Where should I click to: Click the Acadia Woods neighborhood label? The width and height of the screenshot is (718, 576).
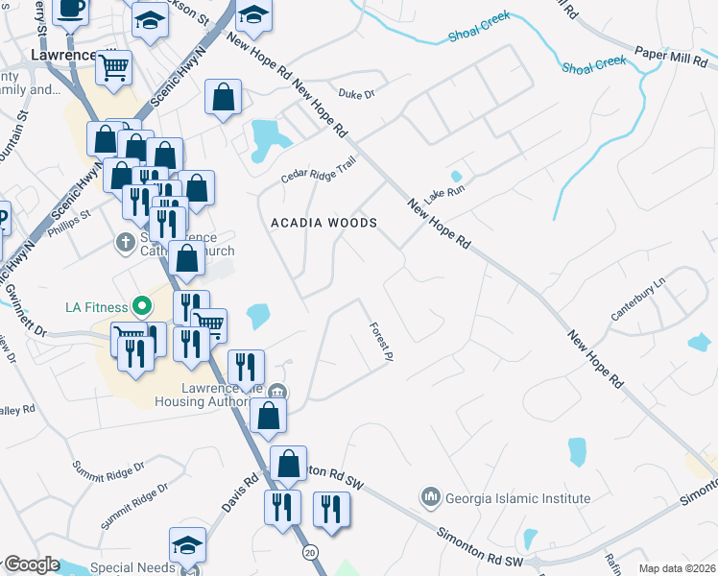323,222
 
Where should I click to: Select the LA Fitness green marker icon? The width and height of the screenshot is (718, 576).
142,307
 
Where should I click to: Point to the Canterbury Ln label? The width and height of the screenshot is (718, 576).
638,301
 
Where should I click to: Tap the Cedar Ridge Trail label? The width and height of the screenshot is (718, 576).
318,170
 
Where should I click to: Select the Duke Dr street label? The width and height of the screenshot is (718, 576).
355,94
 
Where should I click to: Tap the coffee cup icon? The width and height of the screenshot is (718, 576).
71,9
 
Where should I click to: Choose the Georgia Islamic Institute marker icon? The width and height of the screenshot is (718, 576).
429,497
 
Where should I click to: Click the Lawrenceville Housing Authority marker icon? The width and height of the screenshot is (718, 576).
277,390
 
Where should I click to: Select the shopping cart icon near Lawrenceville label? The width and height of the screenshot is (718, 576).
114,67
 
